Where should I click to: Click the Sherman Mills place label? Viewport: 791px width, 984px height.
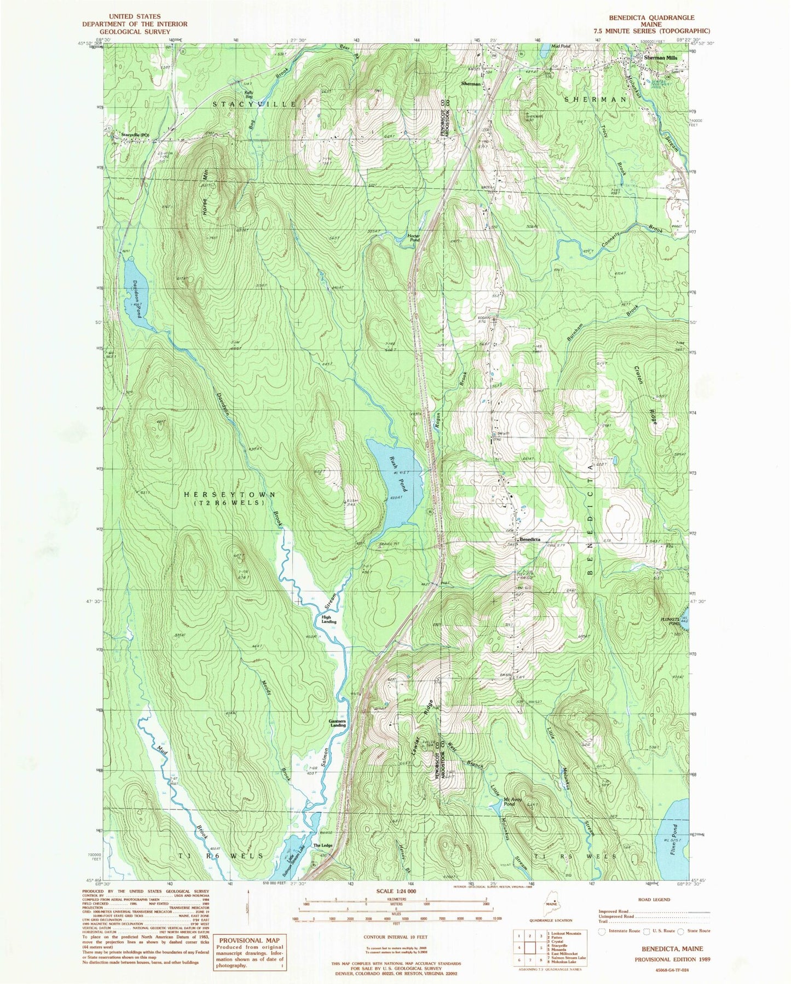coord(660,57)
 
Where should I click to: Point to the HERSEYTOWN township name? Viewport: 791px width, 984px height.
coord(229,494)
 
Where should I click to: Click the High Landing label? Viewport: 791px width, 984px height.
coord(328,620)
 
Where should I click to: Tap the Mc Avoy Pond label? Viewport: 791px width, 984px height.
coord(509,802)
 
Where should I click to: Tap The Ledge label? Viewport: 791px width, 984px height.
coord(322,845)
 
